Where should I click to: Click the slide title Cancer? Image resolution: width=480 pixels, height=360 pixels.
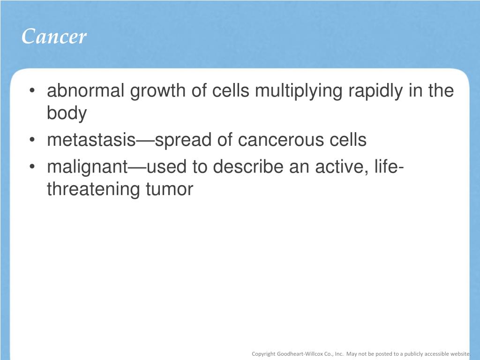(x=54, y=37)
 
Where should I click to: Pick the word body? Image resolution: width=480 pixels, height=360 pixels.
(x=67, y=113)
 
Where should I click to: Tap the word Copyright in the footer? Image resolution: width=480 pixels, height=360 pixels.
(x=263, y=354)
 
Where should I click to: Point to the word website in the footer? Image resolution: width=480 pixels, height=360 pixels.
(x=460, y=354)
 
